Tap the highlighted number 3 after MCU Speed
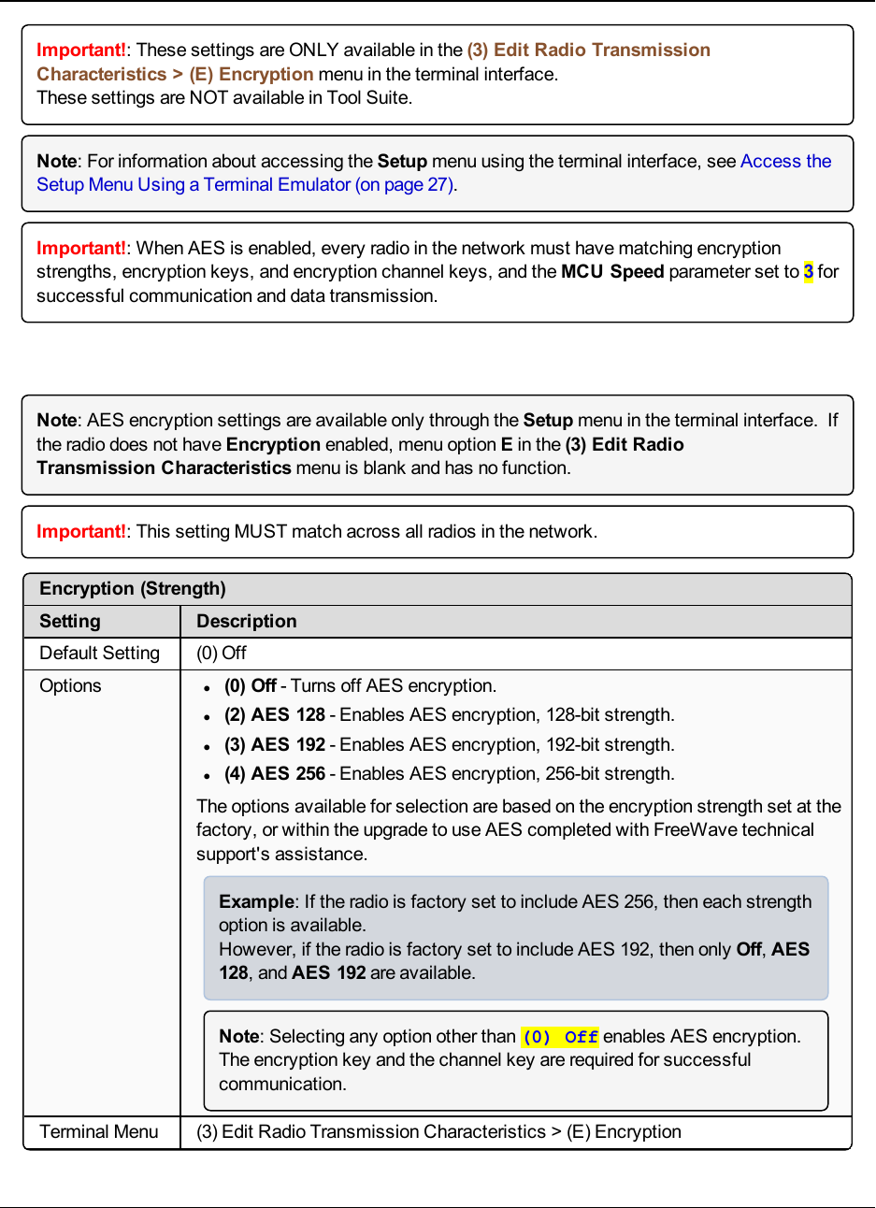tap(808, 272)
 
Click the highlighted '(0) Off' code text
tap(560, 1037)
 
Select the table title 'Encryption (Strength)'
tap(133, 589)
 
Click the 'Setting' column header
tap(70, 622)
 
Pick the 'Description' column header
tap(247, 622)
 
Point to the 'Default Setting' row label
tap(99, 654)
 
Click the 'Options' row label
tap(70, 686)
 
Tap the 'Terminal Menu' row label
tap(99, 1132)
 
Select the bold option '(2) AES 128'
tap(275, 715)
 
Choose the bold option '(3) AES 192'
tap(275, 745)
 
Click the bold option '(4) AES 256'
tap(275, 774)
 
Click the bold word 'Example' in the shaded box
tap(256, 902)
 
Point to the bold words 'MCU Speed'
tap(612, 272)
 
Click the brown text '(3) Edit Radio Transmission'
tap(589, 50)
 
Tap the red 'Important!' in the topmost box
tap(81, 50)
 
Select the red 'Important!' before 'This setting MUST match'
tap(81, 532)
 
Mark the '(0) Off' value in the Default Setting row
tap(222, 654)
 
